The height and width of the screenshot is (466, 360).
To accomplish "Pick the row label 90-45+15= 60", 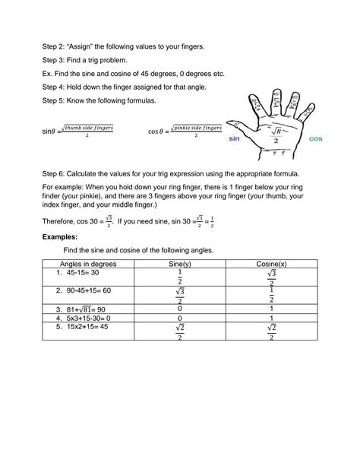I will (90, 290).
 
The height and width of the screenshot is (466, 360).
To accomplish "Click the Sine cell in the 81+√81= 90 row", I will (179, 309).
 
